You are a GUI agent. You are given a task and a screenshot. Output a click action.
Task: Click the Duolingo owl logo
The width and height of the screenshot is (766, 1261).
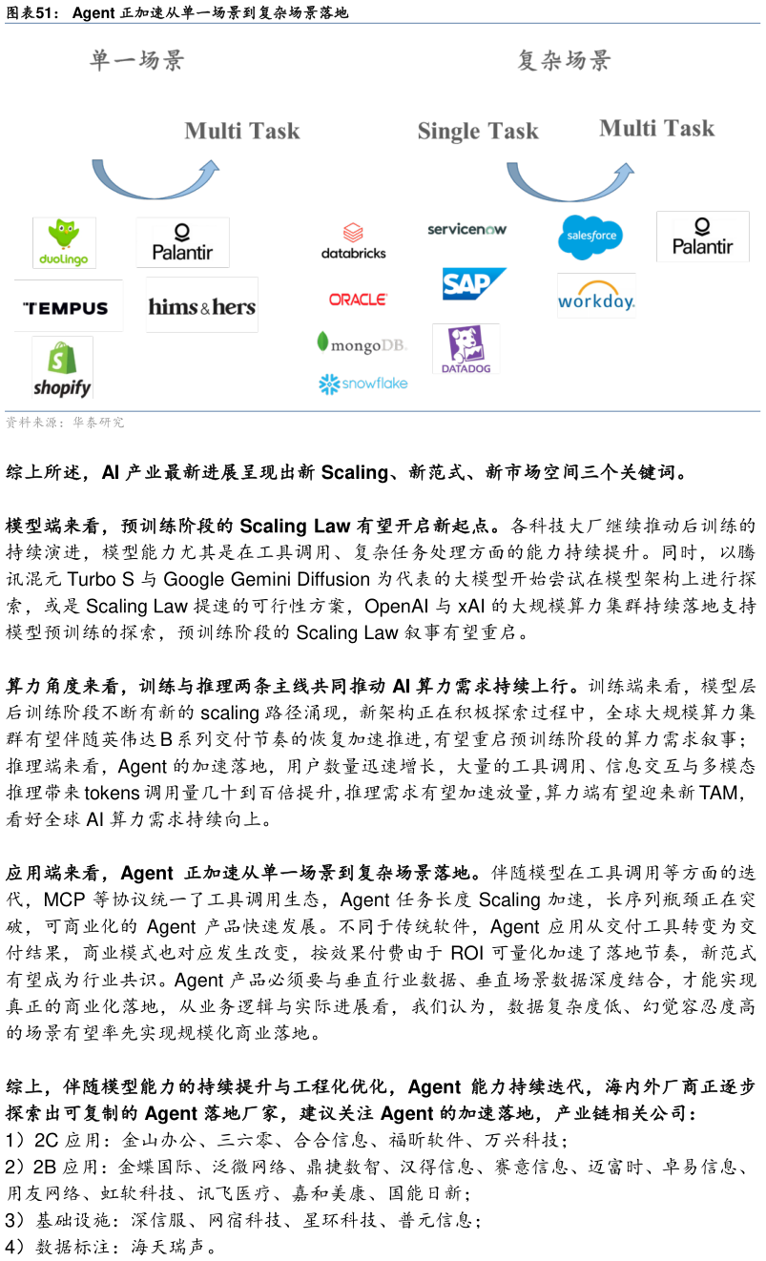[64, 242]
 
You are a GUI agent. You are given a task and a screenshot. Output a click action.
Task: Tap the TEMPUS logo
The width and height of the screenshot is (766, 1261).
[69, 306]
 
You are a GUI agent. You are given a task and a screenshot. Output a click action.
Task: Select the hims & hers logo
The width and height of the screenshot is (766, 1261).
[201, 305]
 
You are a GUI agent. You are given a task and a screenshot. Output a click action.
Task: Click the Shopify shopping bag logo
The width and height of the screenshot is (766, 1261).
[63, 367]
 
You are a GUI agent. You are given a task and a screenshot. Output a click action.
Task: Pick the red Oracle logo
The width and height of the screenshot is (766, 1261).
[359, 299]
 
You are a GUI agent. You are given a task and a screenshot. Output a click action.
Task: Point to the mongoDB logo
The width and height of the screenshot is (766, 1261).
[362, 343]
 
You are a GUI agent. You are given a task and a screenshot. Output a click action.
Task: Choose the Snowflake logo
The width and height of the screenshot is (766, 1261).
[362, 383]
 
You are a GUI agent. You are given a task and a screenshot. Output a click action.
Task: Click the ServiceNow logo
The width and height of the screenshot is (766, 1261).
[466, 229]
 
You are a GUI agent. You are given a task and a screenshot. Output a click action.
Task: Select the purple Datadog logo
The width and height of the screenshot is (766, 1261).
[466, 349]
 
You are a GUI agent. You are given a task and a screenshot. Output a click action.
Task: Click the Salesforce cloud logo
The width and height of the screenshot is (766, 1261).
[590, 237]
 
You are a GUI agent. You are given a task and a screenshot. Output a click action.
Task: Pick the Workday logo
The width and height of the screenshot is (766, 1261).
[596, 296]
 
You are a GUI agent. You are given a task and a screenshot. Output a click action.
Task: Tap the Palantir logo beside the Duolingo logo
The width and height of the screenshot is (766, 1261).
[182, 242]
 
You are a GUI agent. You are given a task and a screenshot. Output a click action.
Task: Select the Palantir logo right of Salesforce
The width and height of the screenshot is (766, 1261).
[703, 237]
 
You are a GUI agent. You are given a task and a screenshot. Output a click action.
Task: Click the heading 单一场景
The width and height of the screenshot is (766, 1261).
[136, 61]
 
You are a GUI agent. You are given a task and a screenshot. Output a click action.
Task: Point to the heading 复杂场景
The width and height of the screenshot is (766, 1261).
[564, 61]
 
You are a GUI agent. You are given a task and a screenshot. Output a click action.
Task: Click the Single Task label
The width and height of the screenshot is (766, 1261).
[478, 131]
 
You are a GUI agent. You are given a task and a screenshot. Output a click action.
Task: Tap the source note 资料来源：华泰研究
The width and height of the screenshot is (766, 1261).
[65, 423]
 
